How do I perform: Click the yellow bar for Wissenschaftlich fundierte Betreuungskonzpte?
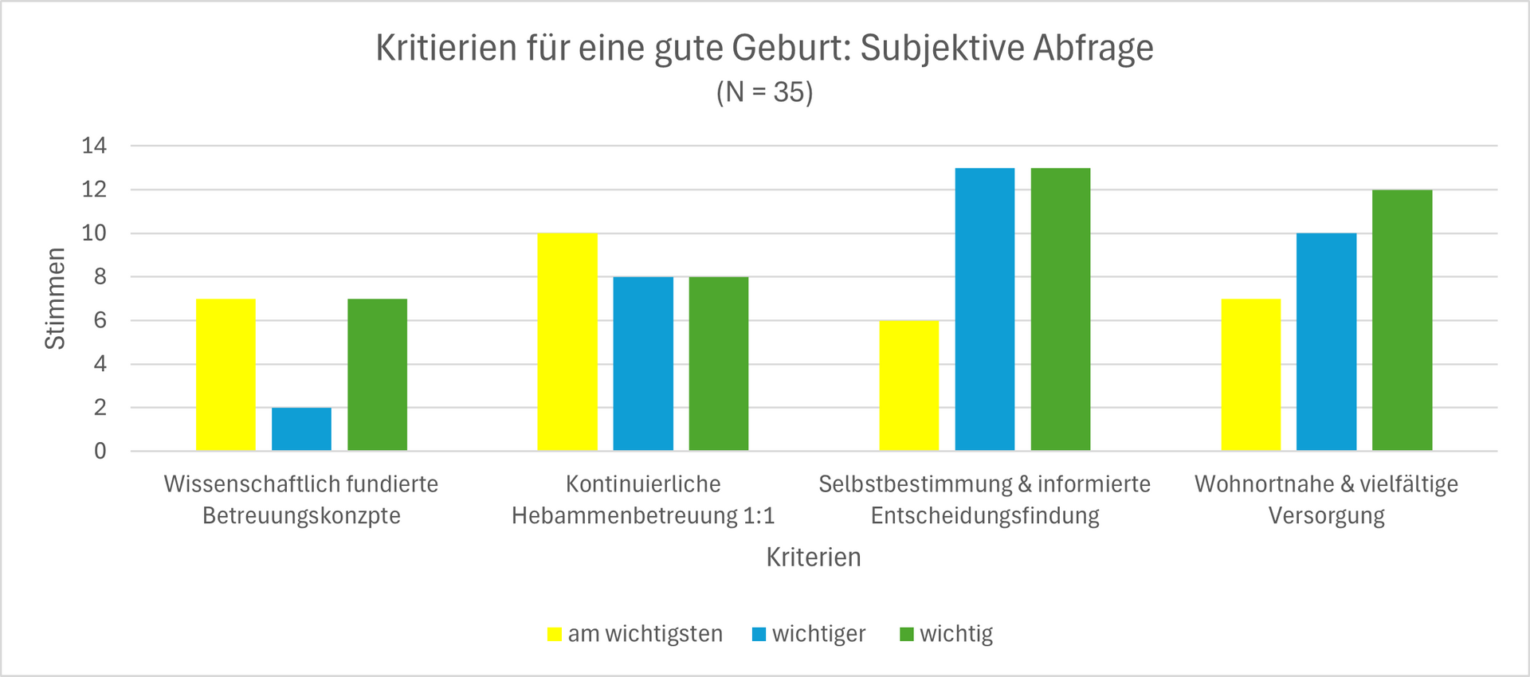pyautogui.click(x=226, y=374)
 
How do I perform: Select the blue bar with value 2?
pyautogui.click(x=301, y=429)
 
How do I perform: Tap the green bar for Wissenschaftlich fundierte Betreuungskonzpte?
pyautogui.click(x=377, y=374)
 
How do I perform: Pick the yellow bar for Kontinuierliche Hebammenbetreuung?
pyautogui.click(x=567, y=342)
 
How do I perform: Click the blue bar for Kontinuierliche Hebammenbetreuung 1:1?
pyautogui.click(x=643, y=363)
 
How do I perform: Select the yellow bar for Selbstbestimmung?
pyautogui.click(x=909, y=385)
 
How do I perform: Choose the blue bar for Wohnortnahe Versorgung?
pyautogui.click(x=1326, y=342)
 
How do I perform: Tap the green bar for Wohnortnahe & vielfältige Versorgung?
pyautogui.click(x=1402, y=320)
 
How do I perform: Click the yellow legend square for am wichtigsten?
pyautogui.click(x=555, y=635)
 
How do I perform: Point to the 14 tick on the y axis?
pyautogui.click(x=94, y=146)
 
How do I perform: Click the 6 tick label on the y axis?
pyautogui.click(x=100, y=321)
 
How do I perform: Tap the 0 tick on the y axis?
pyautogui.click(x=100, y=452)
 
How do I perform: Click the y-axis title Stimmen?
pyautogui.click(x=55, y=299)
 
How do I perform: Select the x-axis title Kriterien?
pyautogui.click(x=813, y=557)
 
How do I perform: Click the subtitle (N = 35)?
pyautogui.click(x=764, y=92)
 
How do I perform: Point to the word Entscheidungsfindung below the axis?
pyautogui.click(x=984, y=516)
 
